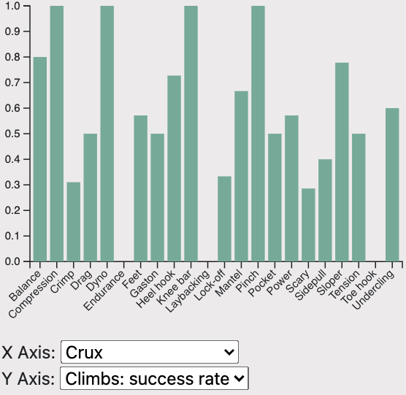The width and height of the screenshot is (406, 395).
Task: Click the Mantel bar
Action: pos(242,176)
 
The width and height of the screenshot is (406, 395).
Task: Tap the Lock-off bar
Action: pos(225,219)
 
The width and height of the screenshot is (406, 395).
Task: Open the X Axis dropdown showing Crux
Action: pos(150,353)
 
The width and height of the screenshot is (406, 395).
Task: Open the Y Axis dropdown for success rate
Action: pos(155,378)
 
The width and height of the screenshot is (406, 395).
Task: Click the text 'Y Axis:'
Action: pos(29,378)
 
